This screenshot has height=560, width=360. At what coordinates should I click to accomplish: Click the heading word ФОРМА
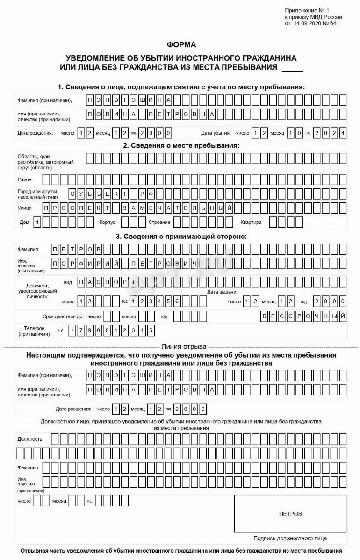pos(181,45)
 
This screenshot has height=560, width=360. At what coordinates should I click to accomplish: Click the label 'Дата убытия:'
pos(216,133)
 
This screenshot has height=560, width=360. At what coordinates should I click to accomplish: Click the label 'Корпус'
pos(107,222)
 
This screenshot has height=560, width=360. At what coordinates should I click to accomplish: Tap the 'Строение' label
pos(159,222)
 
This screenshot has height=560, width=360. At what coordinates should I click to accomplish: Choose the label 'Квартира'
pos(251,222)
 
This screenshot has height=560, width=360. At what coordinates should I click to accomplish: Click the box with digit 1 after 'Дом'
pos(38,222)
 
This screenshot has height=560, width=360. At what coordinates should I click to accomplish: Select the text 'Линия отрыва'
pos(184,347)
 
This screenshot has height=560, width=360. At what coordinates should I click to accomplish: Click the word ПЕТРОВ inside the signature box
pos(290,514)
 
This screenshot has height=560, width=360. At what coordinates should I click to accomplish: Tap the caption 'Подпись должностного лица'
pos(290,538)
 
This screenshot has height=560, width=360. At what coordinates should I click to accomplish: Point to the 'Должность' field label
pos(30,439)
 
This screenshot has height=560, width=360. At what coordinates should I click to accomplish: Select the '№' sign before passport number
pos(125,302)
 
